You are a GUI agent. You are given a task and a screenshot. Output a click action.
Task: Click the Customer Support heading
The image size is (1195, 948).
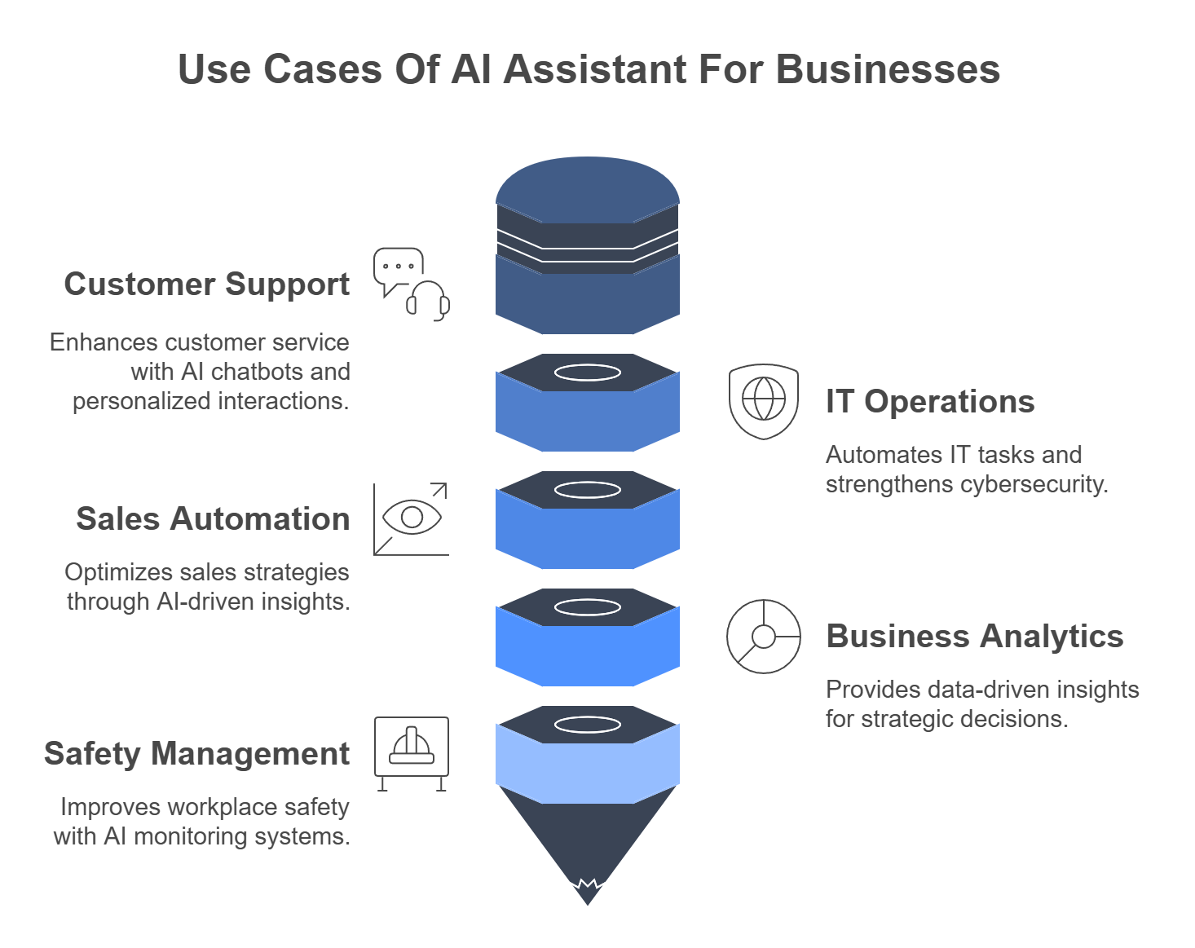[207, 284]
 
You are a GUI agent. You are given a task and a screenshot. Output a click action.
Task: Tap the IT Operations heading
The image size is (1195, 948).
[930, 402]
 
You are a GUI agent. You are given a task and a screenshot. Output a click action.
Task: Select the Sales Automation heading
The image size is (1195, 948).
[213, 519]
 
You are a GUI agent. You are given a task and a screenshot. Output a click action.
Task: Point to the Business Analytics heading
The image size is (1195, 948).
[974, 637]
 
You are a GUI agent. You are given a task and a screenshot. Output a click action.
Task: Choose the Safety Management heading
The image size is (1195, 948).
[196, 754]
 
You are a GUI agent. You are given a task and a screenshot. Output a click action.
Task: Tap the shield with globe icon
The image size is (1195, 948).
[764, 400]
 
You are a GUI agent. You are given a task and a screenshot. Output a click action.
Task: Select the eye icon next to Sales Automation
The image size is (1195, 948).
[412, 518]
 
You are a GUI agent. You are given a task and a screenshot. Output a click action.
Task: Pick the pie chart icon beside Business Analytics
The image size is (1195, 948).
[764, 637]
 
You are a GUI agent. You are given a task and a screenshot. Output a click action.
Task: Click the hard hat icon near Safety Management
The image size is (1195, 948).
[412, 746]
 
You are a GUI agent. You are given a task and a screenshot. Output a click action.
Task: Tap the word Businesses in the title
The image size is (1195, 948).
[888, 69]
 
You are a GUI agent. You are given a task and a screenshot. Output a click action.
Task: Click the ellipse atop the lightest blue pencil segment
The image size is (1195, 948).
[588, 725]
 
